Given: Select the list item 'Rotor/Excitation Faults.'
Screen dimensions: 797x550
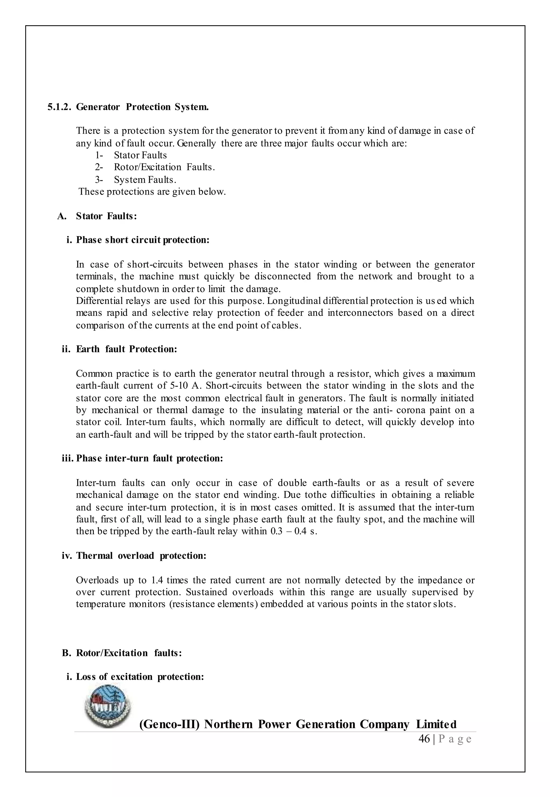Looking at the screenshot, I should point(164,167).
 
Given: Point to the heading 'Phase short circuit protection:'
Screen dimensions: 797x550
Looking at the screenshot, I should point(142,240).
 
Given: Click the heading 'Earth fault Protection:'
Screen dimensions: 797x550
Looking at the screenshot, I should point(126,349).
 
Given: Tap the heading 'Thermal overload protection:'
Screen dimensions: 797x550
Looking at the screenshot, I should point(141,556).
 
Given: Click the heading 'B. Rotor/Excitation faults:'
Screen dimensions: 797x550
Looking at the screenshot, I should point(122,653).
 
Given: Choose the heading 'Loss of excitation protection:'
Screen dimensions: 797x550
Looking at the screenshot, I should point(140,677).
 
